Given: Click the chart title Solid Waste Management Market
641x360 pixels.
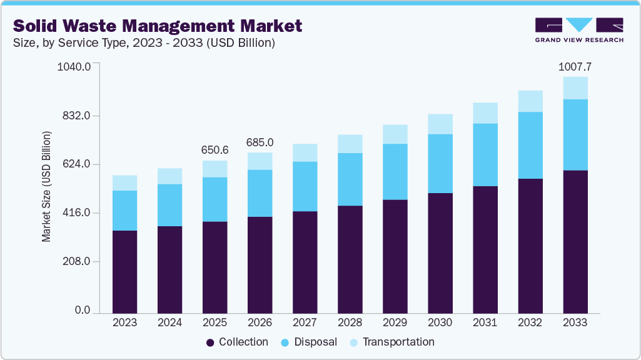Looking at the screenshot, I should pos(158,26).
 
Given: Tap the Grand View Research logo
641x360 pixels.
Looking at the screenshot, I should pos(578,29).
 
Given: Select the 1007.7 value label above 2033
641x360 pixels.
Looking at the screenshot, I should pos(575,66).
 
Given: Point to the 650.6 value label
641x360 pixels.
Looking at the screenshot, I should pos(215,150).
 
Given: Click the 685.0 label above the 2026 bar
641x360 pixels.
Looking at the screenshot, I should pos(260,142).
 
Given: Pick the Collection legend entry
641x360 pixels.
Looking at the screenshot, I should pos(237,342).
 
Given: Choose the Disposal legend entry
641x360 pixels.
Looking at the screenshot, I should pos(310,342).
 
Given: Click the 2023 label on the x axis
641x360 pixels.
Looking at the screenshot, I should pos(124,322).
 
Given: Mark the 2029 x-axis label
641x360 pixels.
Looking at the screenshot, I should pos(395,322).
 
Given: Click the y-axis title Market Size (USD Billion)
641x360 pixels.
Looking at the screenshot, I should pos(46,187).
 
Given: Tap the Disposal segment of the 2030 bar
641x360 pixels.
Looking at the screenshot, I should pos(440,163).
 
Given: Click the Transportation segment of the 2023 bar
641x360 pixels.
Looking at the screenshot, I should pos(124,182).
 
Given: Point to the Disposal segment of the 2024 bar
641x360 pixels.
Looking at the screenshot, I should pos(169,205).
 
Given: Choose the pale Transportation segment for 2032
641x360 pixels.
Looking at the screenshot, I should pos(530,101).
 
